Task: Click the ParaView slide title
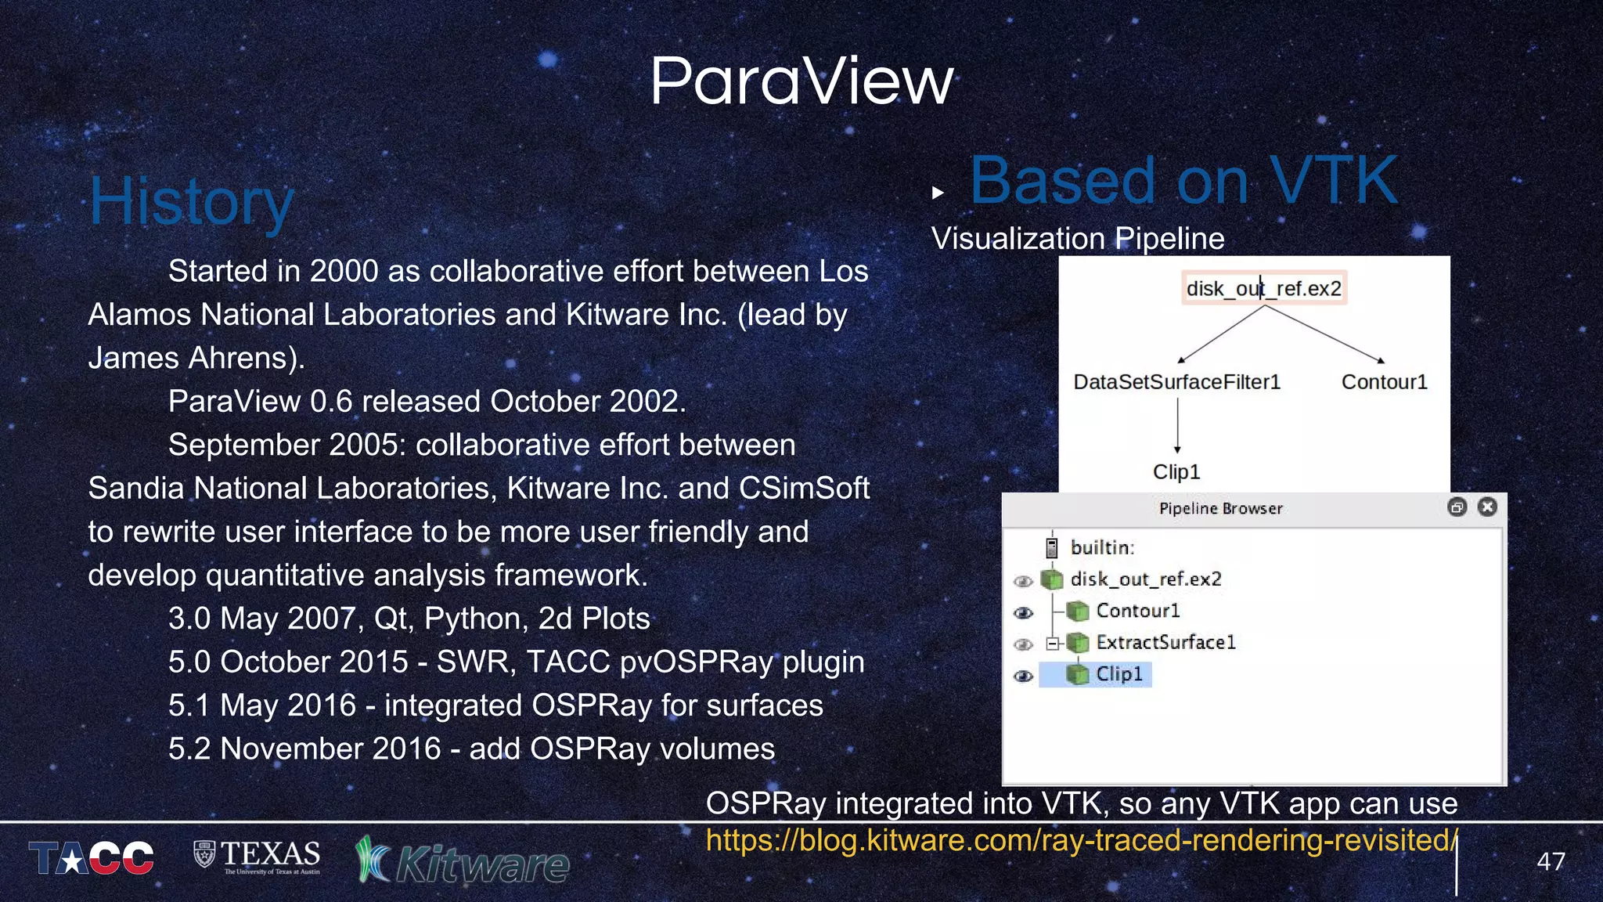click(801, 81)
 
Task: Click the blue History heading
click(192, 202)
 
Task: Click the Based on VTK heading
click(1183, 181)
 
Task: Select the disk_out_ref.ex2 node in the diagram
click(1263, 289)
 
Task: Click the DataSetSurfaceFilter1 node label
click(1176, 382)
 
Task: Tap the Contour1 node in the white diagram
click(1384, 382)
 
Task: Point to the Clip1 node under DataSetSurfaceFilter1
click(1176, 472)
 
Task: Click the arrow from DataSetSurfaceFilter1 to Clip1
click(1176, 427)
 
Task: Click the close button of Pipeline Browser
click(1487, 507)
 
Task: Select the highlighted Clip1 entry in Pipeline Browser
click(1118, 674)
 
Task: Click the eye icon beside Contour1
click(1023, 612)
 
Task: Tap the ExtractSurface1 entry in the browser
click(1165, 643)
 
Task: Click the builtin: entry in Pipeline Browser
click(1101, 547)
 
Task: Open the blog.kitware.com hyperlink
click(1080, 840)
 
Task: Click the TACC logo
click(92, 858)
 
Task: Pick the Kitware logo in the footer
click(463, 862)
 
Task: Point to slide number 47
click(1551, 861)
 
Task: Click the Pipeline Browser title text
click(1220, 508)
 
